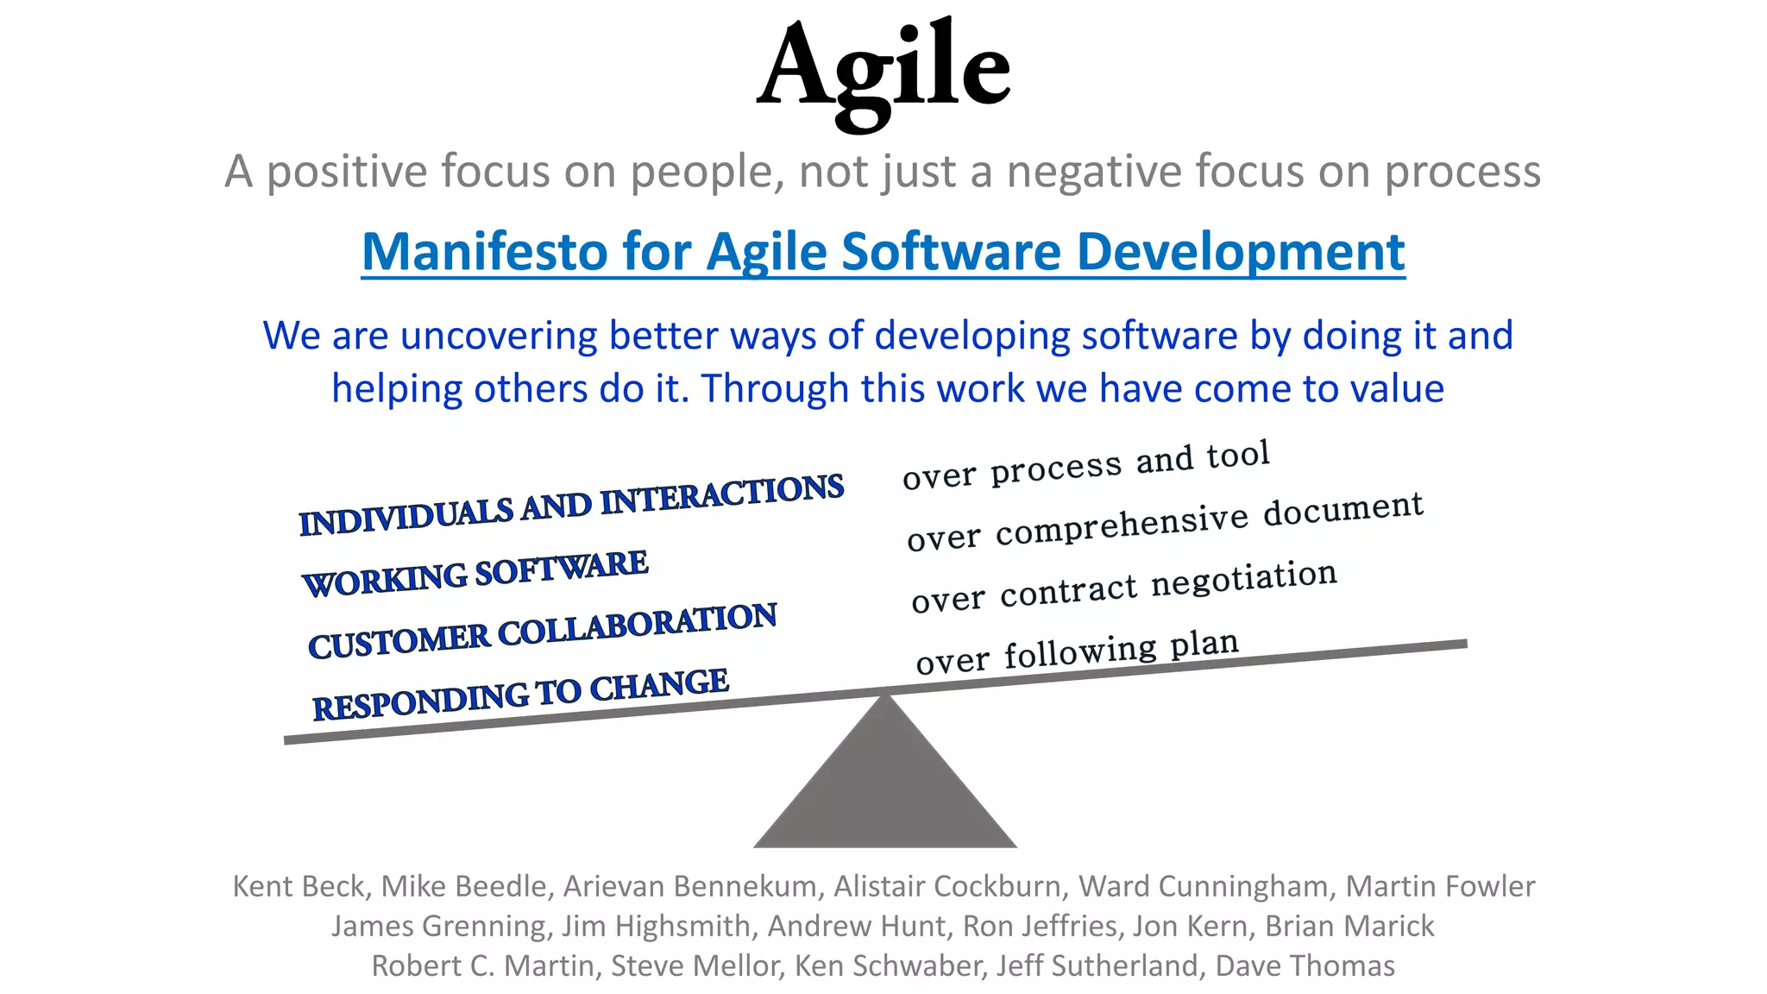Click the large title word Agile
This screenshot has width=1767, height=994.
(883, 69)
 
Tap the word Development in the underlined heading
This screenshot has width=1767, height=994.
(1241, 252)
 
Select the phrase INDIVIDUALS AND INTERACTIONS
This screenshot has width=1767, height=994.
(570, 505)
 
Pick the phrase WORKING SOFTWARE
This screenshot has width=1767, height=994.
(475, 573)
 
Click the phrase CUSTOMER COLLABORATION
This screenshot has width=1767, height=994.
(542, 632)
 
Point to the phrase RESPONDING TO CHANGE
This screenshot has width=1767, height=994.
(520, 695)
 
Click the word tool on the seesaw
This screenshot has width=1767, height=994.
(1238, 455)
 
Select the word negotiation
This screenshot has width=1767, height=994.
(1244, 579)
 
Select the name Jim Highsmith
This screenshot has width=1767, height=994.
(656, 926)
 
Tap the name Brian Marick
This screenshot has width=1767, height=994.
(1349, 926)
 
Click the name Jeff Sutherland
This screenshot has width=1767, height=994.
(1097, 966)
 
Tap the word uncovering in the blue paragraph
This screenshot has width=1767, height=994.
(498, 336)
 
